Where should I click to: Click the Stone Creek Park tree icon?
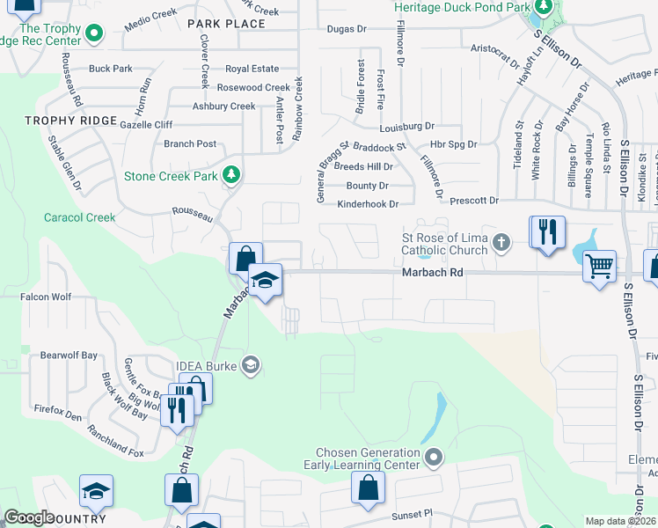(x=231, y=175)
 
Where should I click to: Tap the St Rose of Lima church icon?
(x=501, y=241)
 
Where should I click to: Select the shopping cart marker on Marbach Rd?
(x=599, y=265)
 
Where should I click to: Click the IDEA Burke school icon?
(x=251, y=364)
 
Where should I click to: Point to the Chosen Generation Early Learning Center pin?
(x=433, y=457)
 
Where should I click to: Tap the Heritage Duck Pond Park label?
(x=462, y=7)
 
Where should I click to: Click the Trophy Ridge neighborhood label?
(x=71, y=121)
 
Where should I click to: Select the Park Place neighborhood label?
(x=226, y=24)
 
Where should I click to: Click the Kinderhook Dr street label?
(x=368, y=204)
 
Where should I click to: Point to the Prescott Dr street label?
(x=474, y=201)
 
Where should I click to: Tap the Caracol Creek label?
(x=80, y=217)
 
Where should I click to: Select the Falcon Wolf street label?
(x=46, y=297)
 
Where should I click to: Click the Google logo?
(x=28, y=517)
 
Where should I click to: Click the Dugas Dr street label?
(x=346, y=29)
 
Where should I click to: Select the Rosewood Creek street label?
(x=253, y=88)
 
